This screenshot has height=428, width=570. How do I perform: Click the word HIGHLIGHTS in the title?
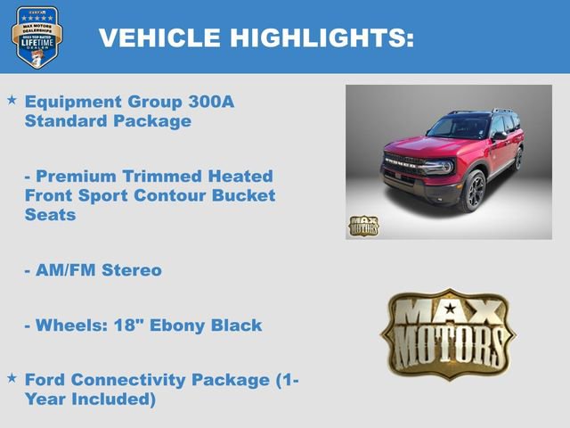(x=322, y=37)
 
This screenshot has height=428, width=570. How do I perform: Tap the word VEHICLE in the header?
(x=161, y=37)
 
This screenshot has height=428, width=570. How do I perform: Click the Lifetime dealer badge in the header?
(x=37, y=37)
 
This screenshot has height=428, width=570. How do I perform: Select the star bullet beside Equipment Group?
(x=12, y=101)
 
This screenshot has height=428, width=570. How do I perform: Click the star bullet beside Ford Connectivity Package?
(x=12, y=378)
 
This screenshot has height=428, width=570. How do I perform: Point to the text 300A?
(x=211, y=102)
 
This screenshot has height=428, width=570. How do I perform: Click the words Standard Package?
(x=108, y=121)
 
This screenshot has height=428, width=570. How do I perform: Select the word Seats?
(x=51, y=215)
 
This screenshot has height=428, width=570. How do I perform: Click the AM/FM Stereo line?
(x=93, y=270)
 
